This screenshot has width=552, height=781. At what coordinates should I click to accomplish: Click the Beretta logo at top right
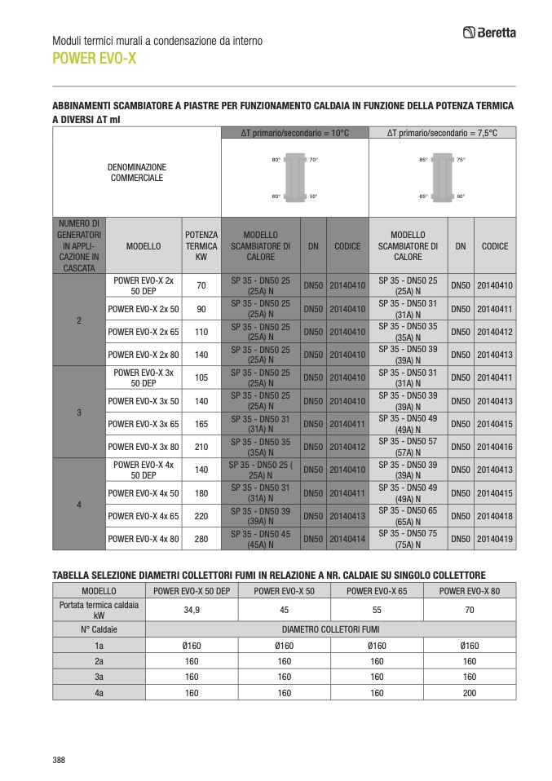coord(489,33)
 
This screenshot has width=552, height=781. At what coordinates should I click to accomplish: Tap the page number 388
coord(59,760)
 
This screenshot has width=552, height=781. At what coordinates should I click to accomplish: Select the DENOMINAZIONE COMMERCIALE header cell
coord(137,172)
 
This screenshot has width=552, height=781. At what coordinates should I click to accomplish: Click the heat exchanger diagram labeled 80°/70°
coord(294,178)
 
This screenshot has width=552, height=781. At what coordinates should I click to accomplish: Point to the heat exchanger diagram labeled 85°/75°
coord(442,178)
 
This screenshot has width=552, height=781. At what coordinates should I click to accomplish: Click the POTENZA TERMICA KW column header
coord(201,245)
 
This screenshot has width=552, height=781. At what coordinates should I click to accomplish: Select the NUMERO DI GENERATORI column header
coord(79,245)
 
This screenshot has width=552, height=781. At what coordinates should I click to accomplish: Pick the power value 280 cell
coord(201,539)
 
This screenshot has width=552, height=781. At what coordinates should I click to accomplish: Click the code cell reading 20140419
coord(495,539)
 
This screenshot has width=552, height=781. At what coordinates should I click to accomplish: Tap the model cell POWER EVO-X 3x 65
coord(144,424)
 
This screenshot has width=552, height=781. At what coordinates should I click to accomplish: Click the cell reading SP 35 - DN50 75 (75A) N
coord(408,539)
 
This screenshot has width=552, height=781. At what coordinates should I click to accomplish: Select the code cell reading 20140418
coord(495,516)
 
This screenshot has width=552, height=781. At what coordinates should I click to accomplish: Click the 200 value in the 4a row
coord(470,692)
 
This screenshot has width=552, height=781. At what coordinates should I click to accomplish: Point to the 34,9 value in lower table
coord(192,610)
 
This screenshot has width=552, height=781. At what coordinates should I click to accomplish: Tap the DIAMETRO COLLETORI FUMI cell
coord(330,629)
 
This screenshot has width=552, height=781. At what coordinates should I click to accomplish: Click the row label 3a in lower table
coord(99,677)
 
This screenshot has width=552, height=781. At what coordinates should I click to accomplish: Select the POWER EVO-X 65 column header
coord(377,590)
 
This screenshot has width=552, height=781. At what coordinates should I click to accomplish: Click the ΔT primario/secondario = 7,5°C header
coord(442,132)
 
